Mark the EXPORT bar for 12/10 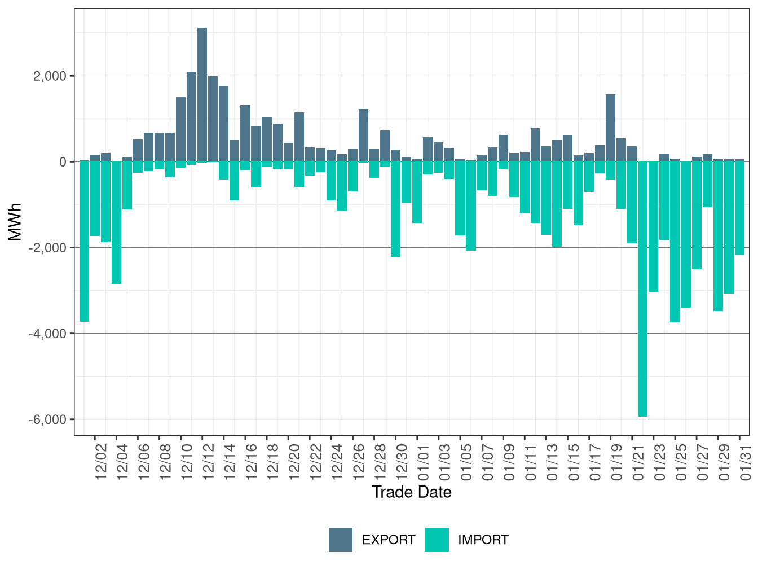pos(181,129)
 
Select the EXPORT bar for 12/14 pos(224,124)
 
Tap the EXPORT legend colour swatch pos(341,540)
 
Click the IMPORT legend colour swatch pos(437,540)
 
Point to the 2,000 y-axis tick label pos(50,76)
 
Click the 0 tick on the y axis pos(63,162)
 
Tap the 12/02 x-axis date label pos(101,461)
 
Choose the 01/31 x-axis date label pos(745,461)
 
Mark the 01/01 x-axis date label pos(423,461)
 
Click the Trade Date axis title pos(412,492)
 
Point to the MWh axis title pos(15,222)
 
